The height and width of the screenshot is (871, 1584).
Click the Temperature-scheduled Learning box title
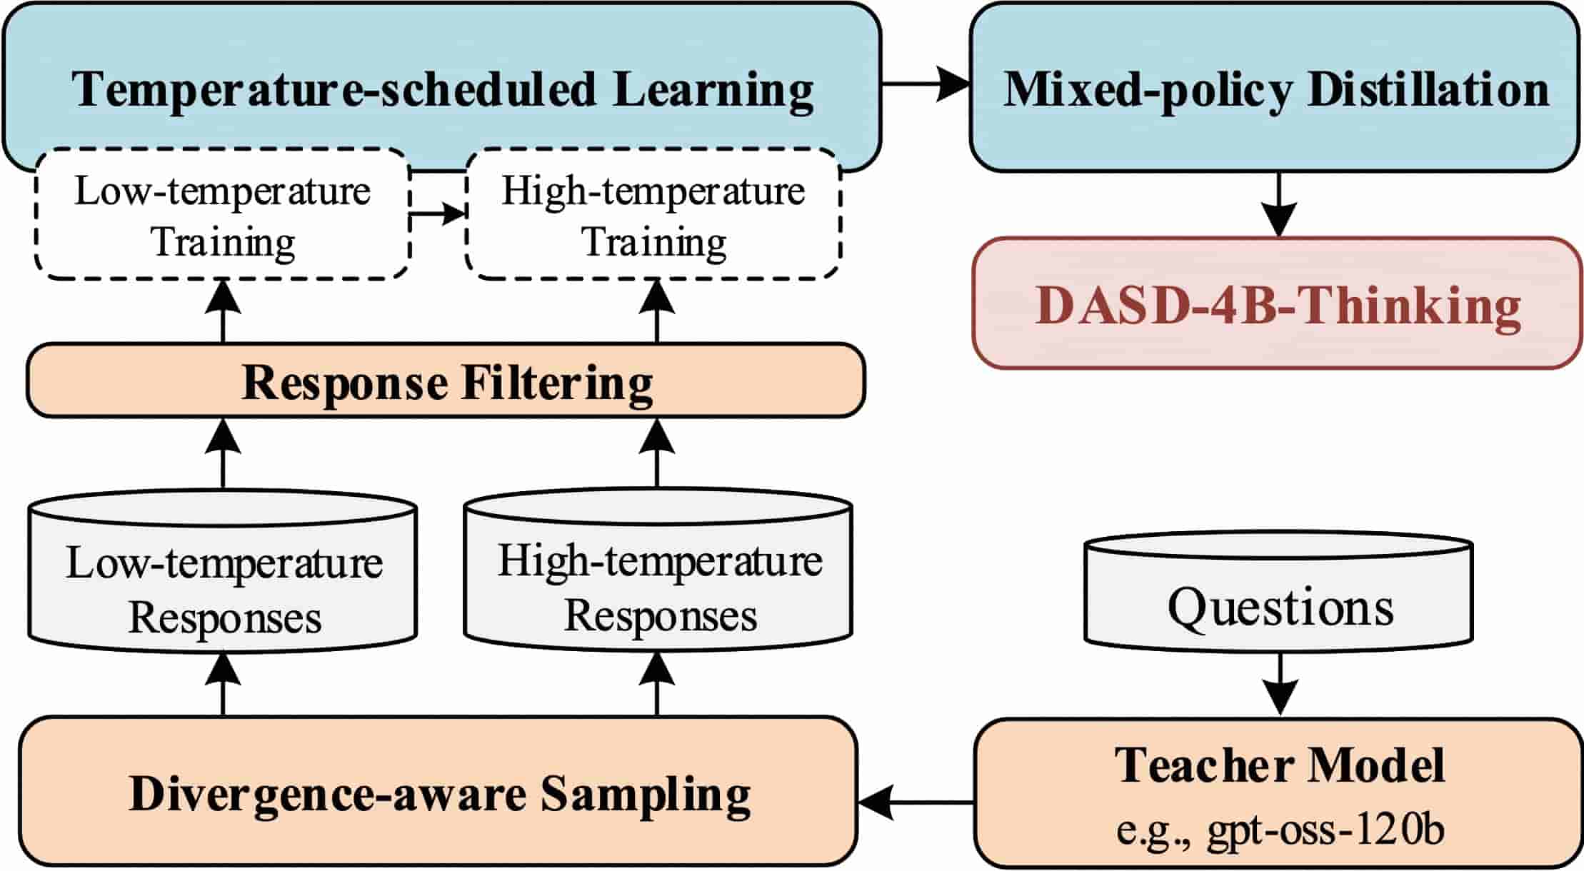[x=442, y=89]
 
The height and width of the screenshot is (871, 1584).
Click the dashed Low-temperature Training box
[x=222, y=215]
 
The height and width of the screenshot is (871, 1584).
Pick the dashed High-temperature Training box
[x=653, y=215]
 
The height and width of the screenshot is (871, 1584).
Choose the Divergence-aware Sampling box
[x=438, y=793]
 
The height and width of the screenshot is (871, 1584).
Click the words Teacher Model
[x=1279, y=765]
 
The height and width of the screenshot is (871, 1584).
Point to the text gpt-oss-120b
[x=1325, y=830]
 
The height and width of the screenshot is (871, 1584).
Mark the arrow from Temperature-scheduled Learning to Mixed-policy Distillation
[x=926, y=84]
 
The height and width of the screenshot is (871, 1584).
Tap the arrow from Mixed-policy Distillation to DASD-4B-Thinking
[x=1278, y=204]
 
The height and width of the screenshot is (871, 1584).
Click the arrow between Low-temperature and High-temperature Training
[x=437, y=213]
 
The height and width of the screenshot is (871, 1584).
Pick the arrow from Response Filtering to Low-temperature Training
[x=223, y=311]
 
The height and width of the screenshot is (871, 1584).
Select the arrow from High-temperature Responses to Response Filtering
[x=657, y=453]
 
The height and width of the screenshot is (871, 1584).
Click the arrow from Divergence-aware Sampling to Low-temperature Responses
[x=223, y=685]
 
